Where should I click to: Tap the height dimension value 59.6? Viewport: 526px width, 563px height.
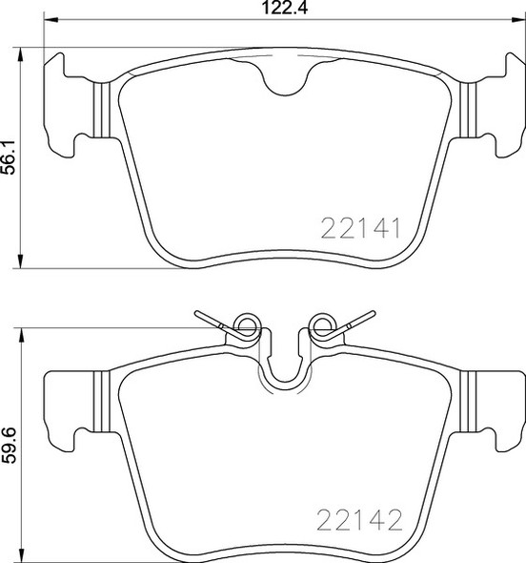click(10, 445)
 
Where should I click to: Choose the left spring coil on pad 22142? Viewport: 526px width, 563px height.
click(248, 327)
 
